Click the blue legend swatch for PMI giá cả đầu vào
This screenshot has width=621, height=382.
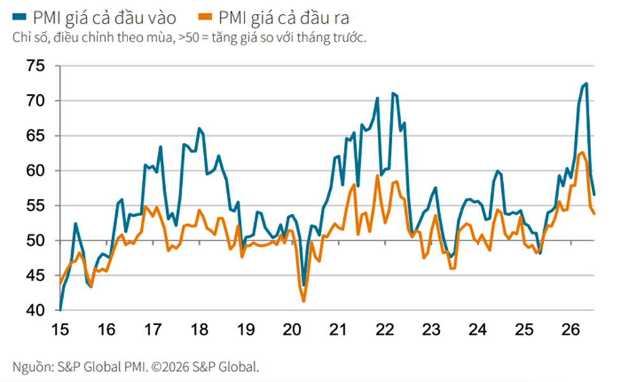tap(19, 17)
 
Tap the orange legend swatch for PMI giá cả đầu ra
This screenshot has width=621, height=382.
tap(205, 17)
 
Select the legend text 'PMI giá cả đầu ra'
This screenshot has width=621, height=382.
tap(283, 18)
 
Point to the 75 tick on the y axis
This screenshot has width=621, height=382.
tap(36, 66)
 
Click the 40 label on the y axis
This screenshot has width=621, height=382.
tap(36, 310)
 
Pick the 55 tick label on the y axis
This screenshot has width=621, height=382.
tap(36, 205)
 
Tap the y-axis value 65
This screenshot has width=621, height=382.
tap(36, 136)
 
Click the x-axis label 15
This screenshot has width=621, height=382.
tap(61, 329)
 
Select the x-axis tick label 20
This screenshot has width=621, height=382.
tap(292, 329)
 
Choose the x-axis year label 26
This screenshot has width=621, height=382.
tap(570, 329)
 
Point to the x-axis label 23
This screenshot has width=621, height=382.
tap(431, 329)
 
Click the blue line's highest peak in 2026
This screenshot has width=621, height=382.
tap(587, 84)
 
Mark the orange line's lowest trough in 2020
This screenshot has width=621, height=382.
tap(304, 302)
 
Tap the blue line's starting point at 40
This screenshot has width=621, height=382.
tap(61, 310)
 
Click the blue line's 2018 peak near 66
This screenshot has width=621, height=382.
tap(199, 128)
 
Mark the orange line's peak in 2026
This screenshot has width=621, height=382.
tap(582, 152)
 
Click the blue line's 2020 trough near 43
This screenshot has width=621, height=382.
tap(304, 285)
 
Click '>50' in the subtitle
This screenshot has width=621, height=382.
tap(189, 38)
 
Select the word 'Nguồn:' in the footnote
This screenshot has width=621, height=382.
tap(33, 367)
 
